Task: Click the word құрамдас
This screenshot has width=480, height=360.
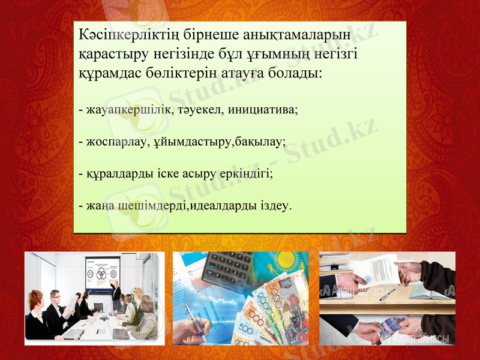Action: click(x=109, y=75)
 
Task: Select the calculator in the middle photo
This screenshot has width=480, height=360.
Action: click(x=228, y=267)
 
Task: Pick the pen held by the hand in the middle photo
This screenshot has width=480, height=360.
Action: click(x=198, y=321)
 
